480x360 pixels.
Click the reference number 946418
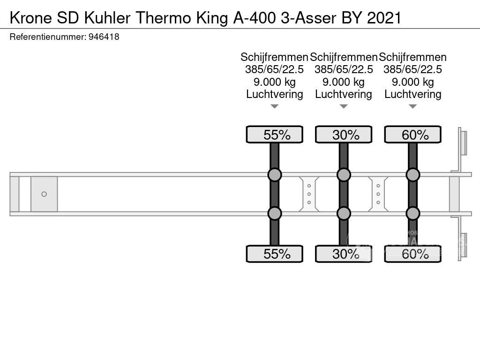pyautogui.click(x=104, y=37)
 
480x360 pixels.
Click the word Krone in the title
pyautogui.click(x=31, y=18)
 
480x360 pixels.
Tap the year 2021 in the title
pyautogui.click(x=384, y=18)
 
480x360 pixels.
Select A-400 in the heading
pyautogui.click(x=255, y=18)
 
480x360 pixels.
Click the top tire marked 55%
pyautogui.click(x=275, y=135)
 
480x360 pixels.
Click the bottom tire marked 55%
pyautogui.click(x=275, y=254)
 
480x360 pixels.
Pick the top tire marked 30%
pyautogui.click(x=344, y=135)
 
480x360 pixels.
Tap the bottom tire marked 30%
pyautogui.click(x=344, y=254)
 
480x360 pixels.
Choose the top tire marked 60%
pyautogui.click(x=413, y=135)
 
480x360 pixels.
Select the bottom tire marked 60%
pyautogui.click(x=413, y=254)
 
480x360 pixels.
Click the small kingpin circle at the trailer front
pyautogui.click(x=44, y=194)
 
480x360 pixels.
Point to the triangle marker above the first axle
pyautogui.click(x=275, y=106)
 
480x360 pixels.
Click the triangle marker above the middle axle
pyautogui.click(x=344, y=106)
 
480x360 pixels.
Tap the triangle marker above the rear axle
pyautogui.click(x=413, y=106)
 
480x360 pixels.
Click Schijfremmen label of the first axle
pyautogui.click(x=274, y=57)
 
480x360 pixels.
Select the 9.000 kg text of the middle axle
pyautogui.click(x=344, y=82)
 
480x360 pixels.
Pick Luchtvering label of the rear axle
pyautogui.click(x=413, y=94)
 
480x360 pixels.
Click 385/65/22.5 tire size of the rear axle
pyautogui.click(x=412, y=69)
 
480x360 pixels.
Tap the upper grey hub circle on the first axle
pyautogui.click(x=275, y=175)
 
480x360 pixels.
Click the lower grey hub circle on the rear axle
pyautogui.click(x=413, y=213)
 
